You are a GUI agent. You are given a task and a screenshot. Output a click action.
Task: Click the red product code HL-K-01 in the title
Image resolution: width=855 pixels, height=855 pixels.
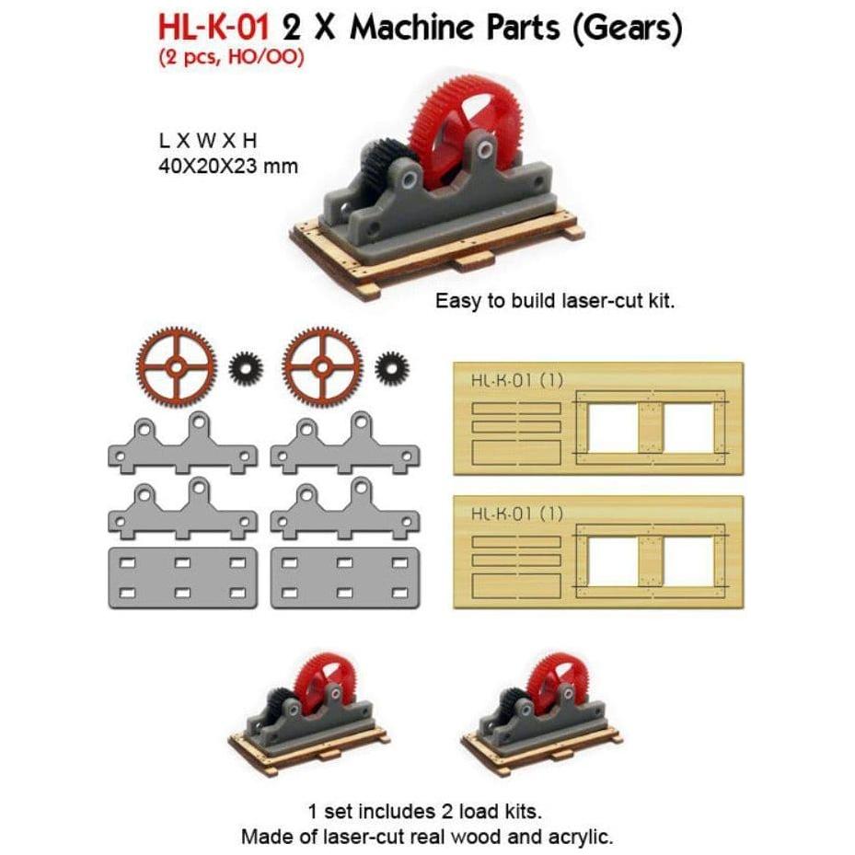pyautogui.click(x=214, y=27)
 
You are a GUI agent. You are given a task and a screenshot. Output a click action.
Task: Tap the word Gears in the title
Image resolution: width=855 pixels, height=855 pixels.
pyautogui.click(x=628, y=28)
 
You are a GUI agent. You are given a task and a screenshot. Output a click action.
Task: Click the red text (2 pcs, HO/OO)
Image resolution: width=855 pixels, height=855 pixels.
pyautogui.click(x=231, y=57)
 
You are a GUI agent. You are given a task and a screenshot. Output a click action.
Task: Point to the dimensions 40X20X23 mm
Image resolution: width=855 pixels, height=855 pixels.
pyautogui.click(x=228, y=166)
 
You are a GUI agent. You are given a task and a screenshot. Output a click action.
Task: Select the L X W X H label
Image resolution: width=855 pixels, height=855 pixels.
pyautogui.click(x=207, y=141)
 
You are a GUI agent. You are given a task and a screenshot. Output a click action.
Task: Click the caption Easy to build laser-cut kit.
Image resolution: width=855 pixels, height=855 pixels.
pyautogui.click(x=555, y=301)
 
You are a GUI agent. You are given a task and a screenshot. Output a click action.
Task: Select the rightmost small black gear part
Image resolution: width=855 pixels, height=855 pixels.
pyautogui.click(x=392, y=367)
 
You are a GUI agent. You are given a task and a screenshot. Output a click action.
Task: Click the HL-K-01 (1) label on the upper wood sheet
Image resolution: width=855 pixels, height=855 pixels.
pyautogui.click(x=517, y=380)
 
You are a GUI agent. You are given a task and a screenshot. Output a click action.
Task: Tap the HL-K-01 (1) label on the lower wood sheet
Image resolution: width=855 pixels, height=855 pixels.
pyautogui.click(x=517, y=514)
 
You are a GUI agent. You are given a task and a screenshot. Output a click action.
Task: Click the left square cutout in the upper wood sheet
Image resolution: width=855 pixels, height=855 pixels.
pyautogui.click(x=613, y=428)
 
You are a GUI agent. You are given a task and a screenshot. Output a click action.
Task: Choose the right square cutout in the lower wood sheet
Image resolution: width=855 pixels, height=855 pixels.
pyautogui.click(x=689, y=561)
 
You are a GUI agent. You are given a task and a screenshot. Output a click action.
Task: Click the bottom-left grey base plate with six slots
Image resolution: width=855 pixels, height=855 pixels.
pyautogui.click(x=182, y=578)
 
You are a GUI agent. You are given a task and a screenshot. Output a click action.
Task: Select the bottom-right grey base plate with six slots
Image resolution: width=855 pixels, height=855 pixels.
pyautogui.click(x=345, y=578)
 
